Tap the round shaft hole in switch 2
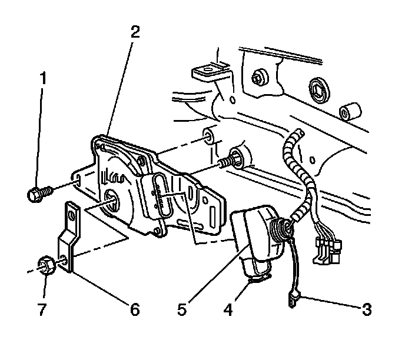(113, 202)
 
